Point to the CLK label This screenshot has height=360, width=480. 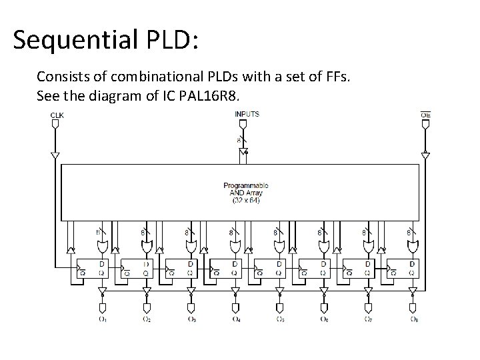tap(57, 115)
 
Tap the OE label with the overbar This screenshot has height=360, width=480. tap(425, 115)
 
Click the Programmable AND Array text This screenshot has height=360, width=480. tap(245, 192)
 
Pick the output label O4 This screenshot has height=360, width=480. tap(236, 319)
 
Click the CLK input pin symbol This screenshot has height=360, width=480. tap(57, 125)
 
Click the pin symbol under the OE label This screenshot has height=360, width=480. tap(425, 125)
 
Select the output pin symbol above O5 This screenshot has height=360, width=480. tap(280, 307)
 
